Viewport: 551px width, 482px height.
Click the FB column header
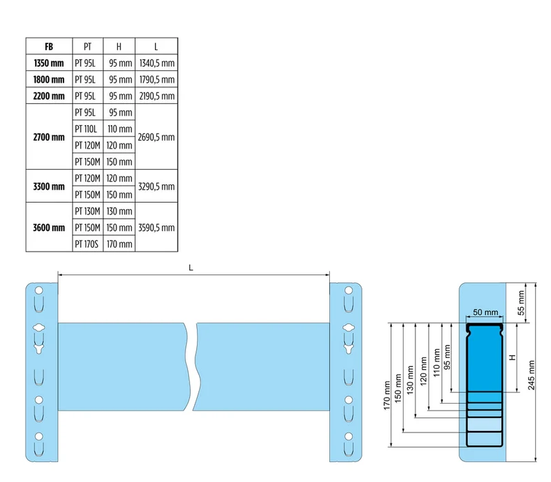tap(49, 46)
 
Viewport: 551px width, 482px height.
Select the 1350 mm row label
tap(49, 63)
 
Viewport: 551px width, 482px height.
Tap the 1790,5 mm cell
tap(157, 80)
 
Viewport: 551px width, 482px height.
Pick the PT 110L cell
tap(85, 129)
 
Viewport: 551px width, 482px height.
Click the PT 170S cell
tap(87, 244)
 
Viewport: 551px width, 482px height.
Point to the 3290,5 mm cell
tap(156, 186)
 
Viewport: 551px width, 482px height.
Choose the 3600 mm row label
tap(49, 228)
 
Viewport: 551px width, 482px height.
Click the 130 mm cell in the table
tap(119, 211)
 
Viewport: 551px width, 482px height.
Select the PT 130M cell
tap(87, 211)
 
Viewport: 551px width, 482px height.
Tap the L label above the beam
tap(191, 268)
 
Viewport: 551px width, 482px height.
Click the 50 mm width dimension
tap(486, 312)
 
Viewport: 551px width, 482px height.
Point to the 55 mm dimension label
tap(521, 303)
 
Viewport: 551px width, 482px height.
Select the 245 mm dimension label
tap(531, 375)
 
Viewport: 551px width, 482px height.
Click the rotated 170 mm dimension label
tap(386, 395)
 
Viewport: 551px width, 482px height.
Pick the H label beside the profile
tap(512, 358)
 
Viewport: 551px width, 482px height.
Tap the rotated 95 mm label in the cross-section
tap(447, 357)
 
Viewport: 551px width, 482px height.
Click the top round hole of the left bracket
tap(39, 290)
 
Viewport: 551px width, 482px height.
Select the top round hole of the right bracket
tap(349, 290)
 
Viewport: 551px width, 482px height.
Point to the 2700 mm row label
tap(49, 137)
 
